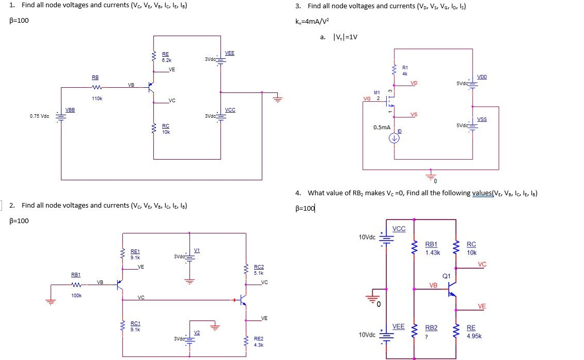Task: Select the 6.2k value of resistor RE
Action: [x=165, y=60]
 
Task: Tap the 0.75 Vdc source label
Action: [x=40, y=116]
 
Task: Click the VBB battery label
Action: [x=70, y=109]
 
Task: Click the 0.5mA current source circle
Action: [x=394, y=138]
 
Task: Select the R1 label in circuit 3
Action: [x=405, y=68]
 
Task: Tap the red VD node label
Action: [x=414, y=83]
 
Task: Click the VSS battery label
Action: [x=481, y=119]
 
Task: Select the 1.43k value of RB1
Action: [x=432, y=253]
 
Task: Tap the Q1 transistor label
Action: [x=446, y=276]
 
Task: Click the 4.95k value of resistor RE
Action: [x=474, y=335]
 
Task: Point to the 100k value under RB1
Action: [x=76, y=295]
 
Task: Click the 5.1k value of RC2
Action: [x=259, y=273]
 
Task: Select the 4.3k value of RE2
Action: [x=258, y=345]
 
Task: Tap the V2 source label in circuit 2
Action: [x=197, y=332]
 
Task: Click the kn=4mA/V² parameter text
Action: [x=312, y=21]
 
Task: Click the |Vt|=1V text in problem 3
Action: [x=345, y=37]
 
